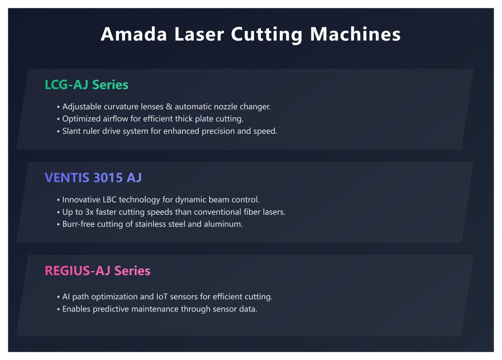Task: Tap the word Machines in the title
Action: (x=355, y=34)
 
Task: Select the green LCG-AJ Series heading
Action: (x=87, y=85)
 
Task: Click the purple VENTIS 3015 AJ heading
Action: (x=93, y=178)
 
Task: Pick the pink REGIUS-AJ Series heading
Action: (x=97, y=271)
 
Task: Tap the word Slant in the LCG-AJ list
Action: (x=72, y=131)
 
